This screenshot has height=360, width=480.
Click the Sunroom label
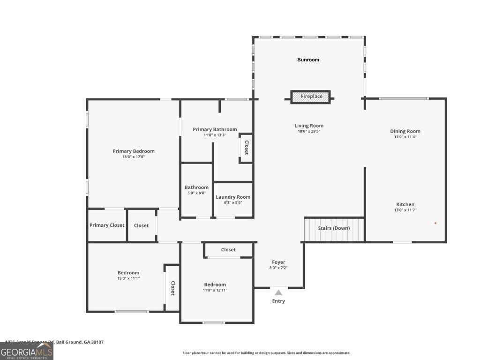[308, 60]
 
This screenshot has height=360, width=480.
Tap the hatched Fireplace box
[311, 97]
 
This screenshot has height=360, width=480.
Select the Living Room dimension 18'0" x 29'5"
[309, 132]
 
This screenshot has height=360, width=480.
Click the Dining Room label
[405, 131]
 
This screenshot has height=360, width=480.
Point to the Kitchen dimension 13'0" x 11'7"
[405, 210]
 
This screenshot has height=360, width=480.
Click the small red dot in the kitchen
[435, 223]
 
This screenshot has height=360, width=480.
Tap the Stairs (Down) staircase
[334, 229]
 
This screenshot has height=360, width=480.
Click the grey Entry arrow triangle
[278, 292]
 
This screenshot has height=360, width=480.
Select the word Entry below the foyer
[278, 301]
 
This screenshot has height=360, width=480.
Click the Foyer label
[278, 262]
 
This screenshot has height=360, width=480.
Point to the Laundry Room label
[233, 197]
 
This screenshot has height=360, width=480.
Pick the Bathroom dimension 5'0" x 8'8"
[196, 193]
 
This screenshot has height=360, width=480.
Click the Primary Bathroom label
[215, 129]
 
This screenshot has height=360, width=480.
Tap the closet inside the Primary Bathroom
[246, 148]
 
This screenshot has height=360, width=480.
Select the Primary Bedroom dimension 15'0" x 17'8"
[134, 157]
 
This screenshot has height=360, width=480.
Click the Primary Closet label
[107, 225]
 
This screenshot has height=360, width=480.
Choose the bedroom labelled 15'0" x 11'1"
[128, 278]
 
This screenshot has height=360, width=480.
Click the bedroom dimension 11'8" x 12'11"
[215, 290]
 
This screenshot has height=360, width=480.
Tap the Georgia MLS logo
[26, 351]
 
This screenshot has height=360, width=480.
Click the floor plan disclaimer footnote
[266, 353]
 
